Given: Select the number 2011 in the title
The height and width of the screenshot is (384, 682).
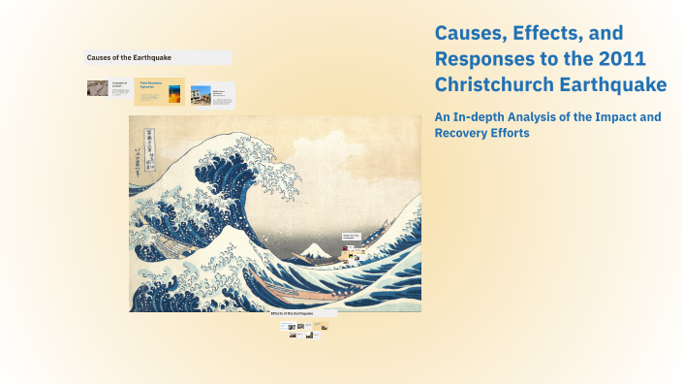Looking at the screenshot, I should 623,60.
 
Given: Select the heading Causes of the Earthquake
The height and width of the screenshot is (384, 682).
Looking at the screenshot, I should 129,58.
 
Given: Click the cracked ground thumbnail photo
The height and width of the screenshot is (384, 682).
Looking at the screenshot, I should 98,89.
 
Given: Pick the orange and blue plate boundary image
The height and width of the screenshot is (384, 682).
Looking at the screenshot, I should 174,94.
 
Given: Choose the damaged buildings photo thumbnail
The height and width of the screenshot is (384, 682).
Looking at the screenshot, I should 201,94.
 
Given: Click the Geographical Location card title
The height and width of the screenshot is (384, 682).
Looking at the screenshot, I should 120,86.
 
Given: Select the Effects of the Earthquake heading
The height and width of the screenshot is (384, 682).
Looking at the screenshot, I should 305,313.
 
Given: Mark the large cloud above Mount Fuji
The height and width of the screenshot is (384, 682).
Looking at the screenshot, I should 329,175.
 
